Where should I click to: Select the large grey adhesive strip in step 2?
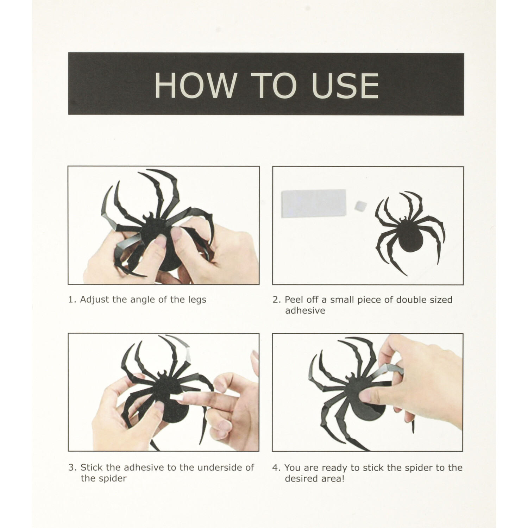click(x=314, y=202)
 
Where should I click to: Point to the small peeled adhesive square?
click(x=360, y=205)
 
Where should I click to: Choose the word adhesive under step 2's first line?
click(x=305, y=310)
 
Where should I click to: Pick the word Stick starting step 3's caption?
click(x=92, y=467)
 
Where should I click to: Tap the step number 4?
click(x=276, y=468)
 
